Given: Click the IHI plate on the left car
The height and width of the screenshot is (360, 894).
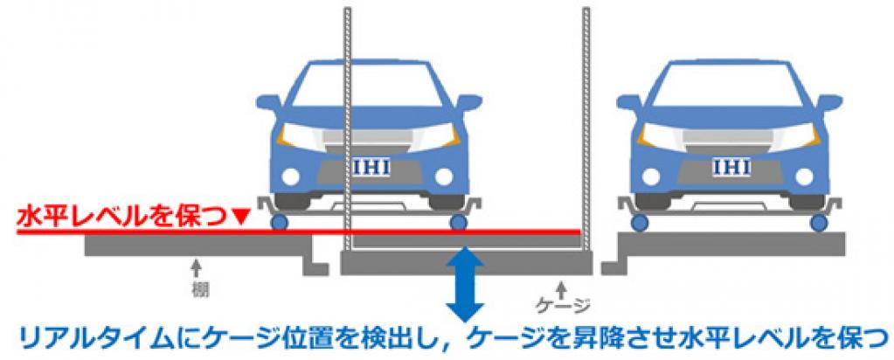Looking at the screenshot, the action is pos(371,169).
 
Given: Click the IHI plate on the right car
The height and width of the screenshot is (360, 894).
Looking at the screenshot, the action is pos(731,167).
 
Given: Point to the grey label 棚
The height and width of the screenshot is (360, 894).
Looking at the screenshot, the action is pos(197,289).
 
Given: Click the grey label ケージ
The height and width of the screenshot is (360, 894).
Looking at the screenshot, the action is pos(563,307).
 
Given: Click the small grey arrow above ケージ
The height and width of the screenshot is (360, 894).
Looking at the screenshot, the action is pos(563,287).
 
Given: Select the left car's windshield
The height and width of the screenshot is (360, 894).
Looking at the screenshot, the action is pos(370,86).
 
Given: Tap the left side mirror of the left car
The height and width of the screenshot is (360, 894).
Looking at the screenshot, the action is pos(269,103).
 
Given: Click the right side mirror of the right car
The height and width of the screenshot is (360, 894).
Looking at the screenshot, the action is pos(830,103).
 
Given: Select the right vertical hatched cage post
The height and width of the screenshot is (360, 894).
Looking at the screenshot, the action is pos(586,129).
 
